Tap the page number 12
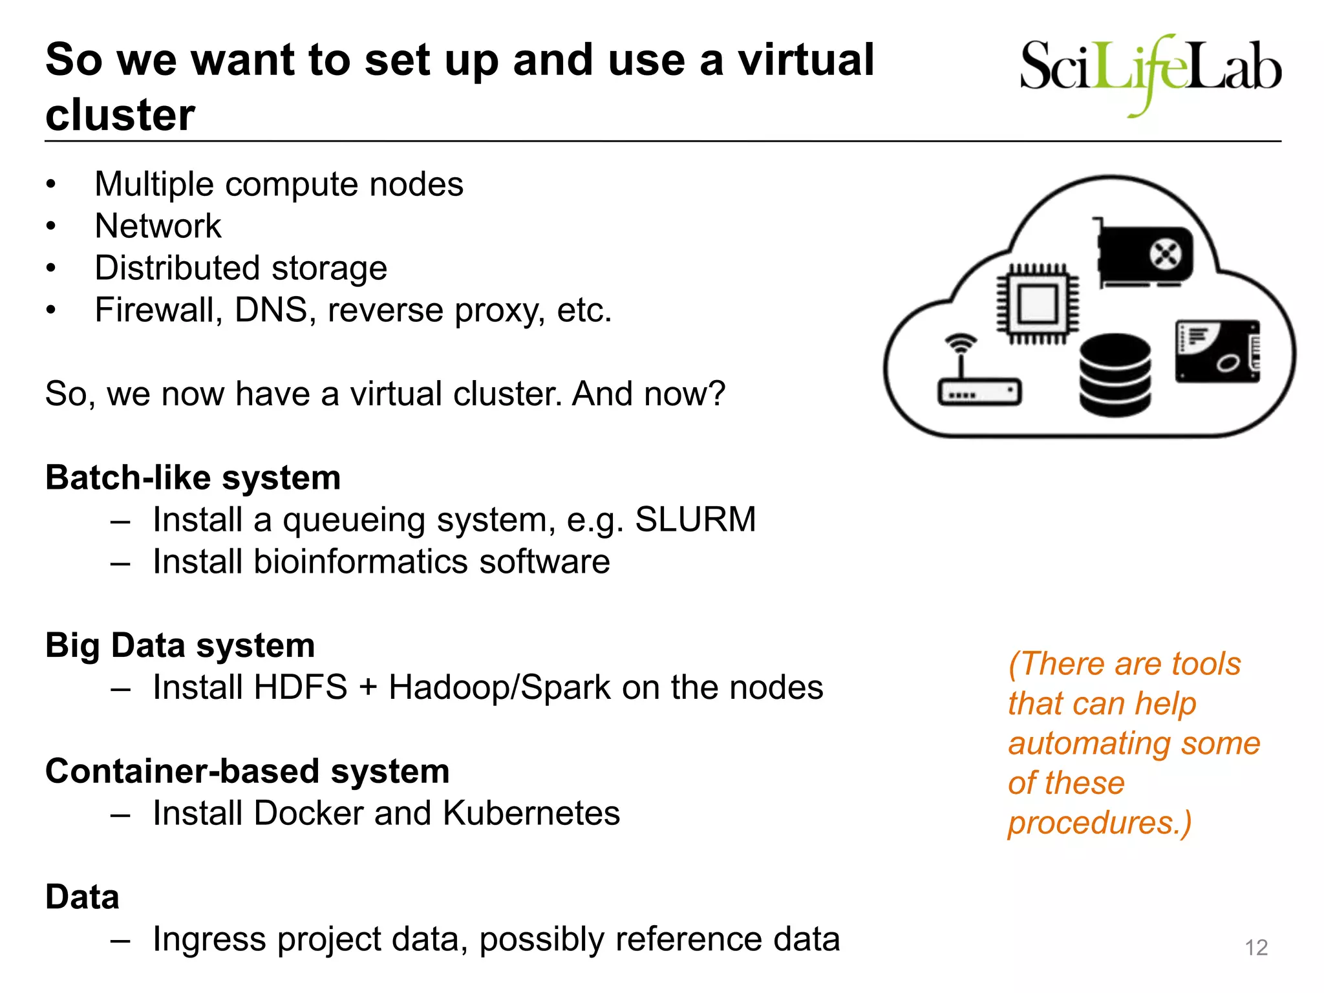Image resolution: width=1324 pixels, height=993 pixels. [1256, 948]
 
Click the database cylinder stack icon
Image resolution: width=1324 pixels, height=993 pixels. [1115, 374]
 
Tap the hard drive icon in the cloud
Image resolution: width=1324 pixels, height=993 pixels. [1217, 352]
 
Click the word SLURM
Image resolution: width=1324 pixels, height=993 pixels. [695, 519]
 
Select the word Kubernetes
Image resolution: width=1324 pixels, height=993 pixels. [531, 813]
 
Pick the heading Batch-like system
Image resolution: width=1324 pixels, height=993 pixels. [193, 478]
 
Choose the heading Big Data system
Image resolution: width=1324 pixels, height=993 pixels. [180, 645]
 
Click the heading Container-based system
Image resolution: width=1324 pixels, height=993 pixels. [247, 771]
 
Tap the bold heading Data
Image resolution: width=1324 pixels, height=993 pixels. [82, 897]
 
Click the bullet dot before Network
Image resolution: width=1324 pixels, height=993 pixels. [51, 226]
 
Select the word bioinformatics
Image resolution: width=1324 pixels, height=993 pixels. [361, 561]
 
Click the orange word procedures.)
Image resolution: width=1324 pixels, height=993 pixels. [1099, 822]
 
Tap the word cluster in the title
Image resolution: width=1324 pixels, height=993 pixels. [120, 115]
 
